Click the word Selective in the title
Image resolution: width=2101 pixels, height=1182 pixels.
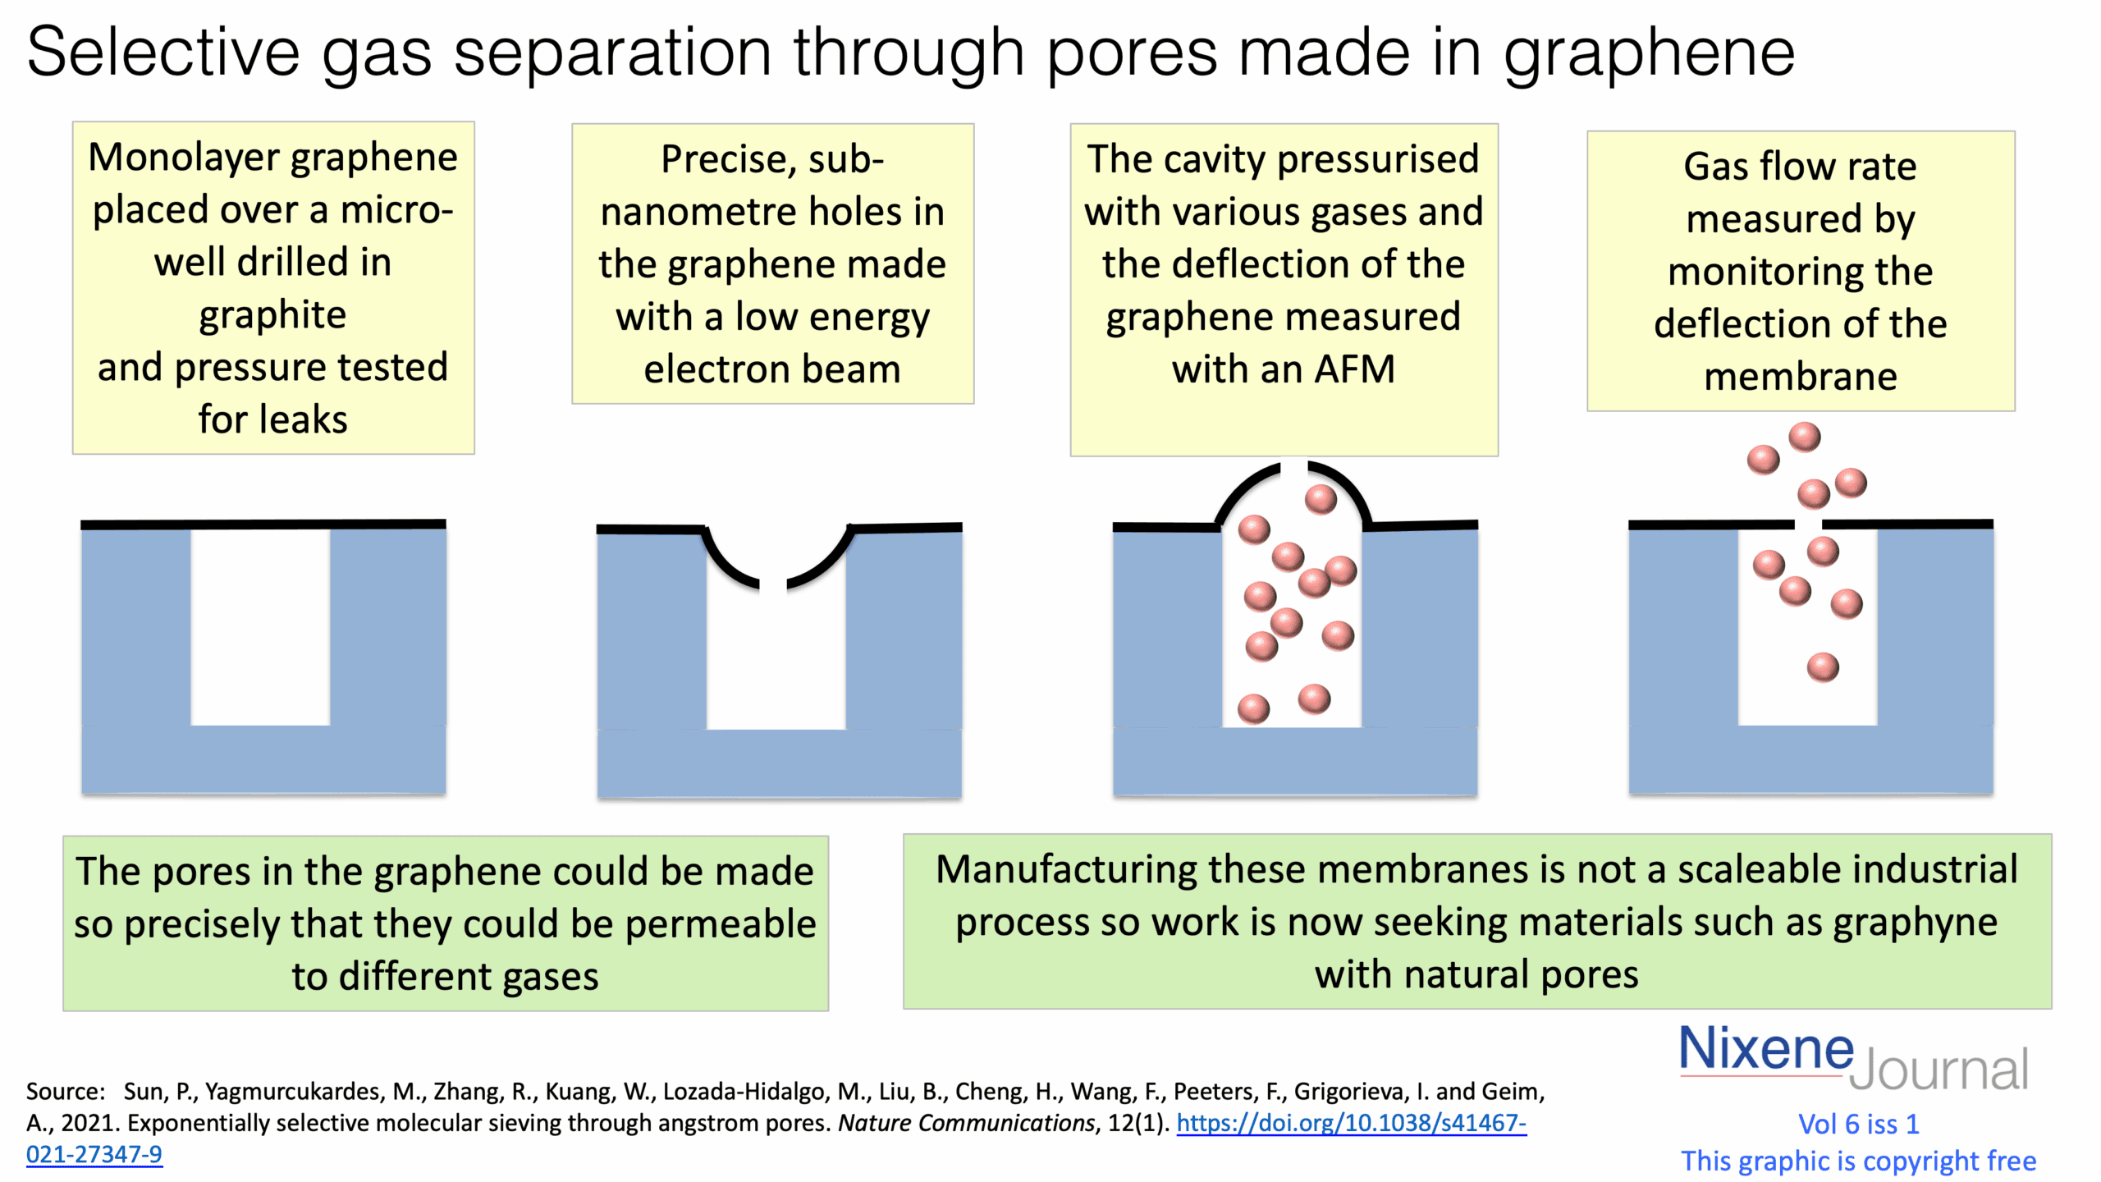[x=163, y=53]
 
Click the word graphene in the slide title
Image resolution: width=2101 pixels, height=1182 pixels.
[x=1649, y=53]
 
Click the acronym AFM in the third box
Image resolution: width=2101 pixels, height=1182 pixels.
[x=1354, y=369]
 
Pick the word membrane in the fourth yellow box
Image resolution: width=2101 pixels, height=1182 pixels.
[x=1800, y=377]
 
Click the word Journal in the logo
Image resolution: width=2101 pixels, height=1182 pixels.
[x=1939, y=1070]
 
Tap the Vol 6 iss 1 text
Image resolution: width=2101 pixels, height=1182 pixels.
[x=1858, y=1124]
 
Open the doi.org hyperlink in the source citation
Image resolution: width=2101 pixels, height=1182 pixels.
[x=1351, y=1123]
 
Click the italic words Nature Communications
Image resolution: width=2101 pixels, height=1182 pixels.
[x=966, y=1123]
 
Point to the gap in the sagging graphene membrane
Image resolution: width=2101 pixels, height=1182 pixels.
[x=773, y=585]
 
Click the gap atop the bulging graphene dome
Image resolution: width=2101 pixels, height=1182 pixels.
[x=1293, y=469]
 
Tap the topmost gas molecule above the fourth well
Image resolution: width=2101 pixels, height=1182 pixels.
[x=1804, y=437]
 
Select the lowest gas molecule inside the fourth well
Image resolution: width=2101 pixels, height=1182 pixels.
[x=1823, y=667]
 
